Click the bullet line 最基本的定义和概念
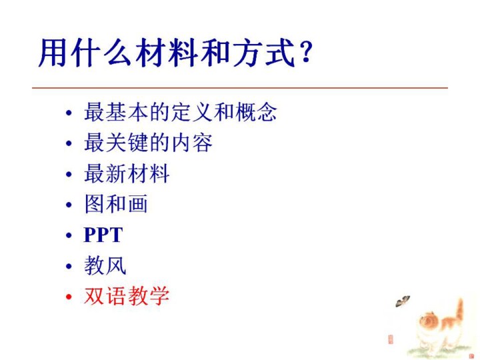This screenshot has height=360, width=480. click(x=180, y=112)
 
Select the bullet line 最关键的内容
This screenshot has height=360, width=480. click(x=148, y=143)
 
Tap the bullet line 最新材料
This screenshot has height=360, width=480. click(x=127, y=173)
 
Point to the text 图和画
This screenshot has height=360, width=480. click(x=116, y=204)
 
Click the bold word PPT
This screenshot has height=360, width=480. click(x=103, y=235)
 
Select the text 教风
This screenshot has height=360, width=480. click(x=105, y=265)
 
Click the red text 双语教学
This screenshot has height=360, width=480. click(x=127, y=296)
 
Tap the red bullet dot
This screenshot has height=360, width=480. click(x=69, y=297)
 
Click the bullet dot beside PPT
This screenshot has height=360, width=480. click(x=69, y=235)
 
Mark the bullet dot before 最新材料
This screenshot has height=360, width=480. click(x=69, y=174)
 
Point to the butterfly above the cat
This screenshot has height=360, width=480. click(x=403, y=301)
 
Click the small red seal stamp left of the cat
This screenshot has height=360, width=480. click(x=390, y=339)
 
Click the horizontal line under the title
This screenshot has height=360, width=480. click(x=240, y=88)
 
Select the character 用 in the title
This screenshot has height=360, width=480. click(x=53, y=53)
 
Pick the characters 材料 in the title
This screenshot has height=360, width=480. click(x=167, y=53)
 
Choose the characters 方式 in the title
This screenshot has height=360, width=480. click(x=264, y=53)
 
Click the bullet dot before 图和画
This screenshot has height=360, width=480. click(x=69, y=205)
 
